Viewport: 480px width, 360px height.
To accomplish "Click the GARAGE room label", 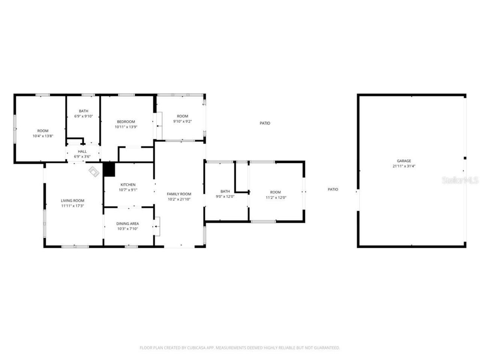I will (404, 161).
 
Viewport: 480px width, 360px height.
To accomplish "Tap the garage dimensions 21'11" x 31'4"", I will (404, 166).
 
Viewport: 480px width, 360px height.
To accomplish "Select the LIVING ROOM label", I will (73, 201).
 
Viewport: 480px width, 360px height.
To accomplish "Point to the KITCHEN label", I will (128, 184).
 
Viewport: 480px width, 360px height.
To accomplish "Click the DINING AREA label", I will (127, 223).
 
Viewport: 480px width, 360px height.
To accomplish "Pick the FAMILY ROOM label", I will (179, 194).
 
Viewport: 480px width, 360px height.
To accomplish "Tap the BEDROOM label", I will (126, 121).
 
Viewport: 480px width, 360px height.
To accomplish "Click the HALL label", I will (82, 151).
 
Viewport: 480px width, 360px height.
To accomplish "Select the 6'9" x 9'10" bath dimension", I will (83, 116).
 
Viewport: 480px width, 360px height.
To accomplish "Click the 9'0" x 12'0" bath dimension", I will (225, 196).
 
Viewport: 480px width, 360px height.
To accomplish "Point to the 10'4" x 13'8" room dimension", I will (43, 136).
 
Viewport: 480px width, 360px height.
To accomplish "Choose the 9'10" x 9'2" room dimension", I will (183, 121).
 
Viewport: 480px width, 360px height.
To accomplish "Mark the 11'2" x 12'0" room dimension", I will (276, 198).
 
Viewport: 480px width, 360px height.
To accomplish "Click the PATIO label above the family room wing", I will (265, 123).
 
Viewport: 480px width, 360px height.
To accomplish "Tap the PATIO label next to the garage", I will (333, 189).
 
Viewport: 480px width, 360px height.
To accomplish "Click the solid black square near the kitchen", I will (109, 169).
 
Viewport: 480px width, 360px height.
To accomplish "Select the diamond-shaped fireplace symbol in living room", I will (94, 171).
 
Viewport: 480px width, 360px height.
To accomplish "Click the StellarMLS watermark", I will (460, 180).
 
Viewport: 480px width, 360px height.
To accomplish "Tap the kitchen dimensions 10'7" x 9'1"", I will (128, 190).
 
